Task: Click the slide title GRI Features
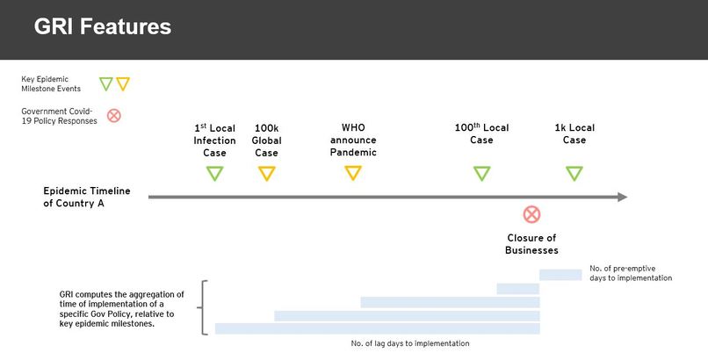103,27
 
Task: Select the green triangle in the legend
106,84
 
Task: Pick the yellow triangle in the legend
123,84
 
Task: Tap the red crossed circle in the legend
113,115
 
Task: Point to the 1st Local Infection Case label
214,140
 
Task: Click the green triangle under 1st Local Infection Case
214,173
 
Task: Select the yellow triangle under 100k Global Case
266,173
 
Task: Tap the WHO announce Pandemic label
352,140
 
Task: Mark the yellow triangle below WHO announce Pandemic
352,173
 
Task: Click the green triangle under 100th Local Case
481,173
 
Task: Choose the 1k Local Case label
574,133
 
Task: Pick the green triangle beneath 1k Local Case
574,173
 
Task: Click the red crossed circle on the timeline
531,214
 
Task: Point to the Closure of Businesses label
531,244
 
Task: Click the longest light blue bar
377,328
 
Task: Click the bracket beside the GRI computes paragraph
205,308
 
